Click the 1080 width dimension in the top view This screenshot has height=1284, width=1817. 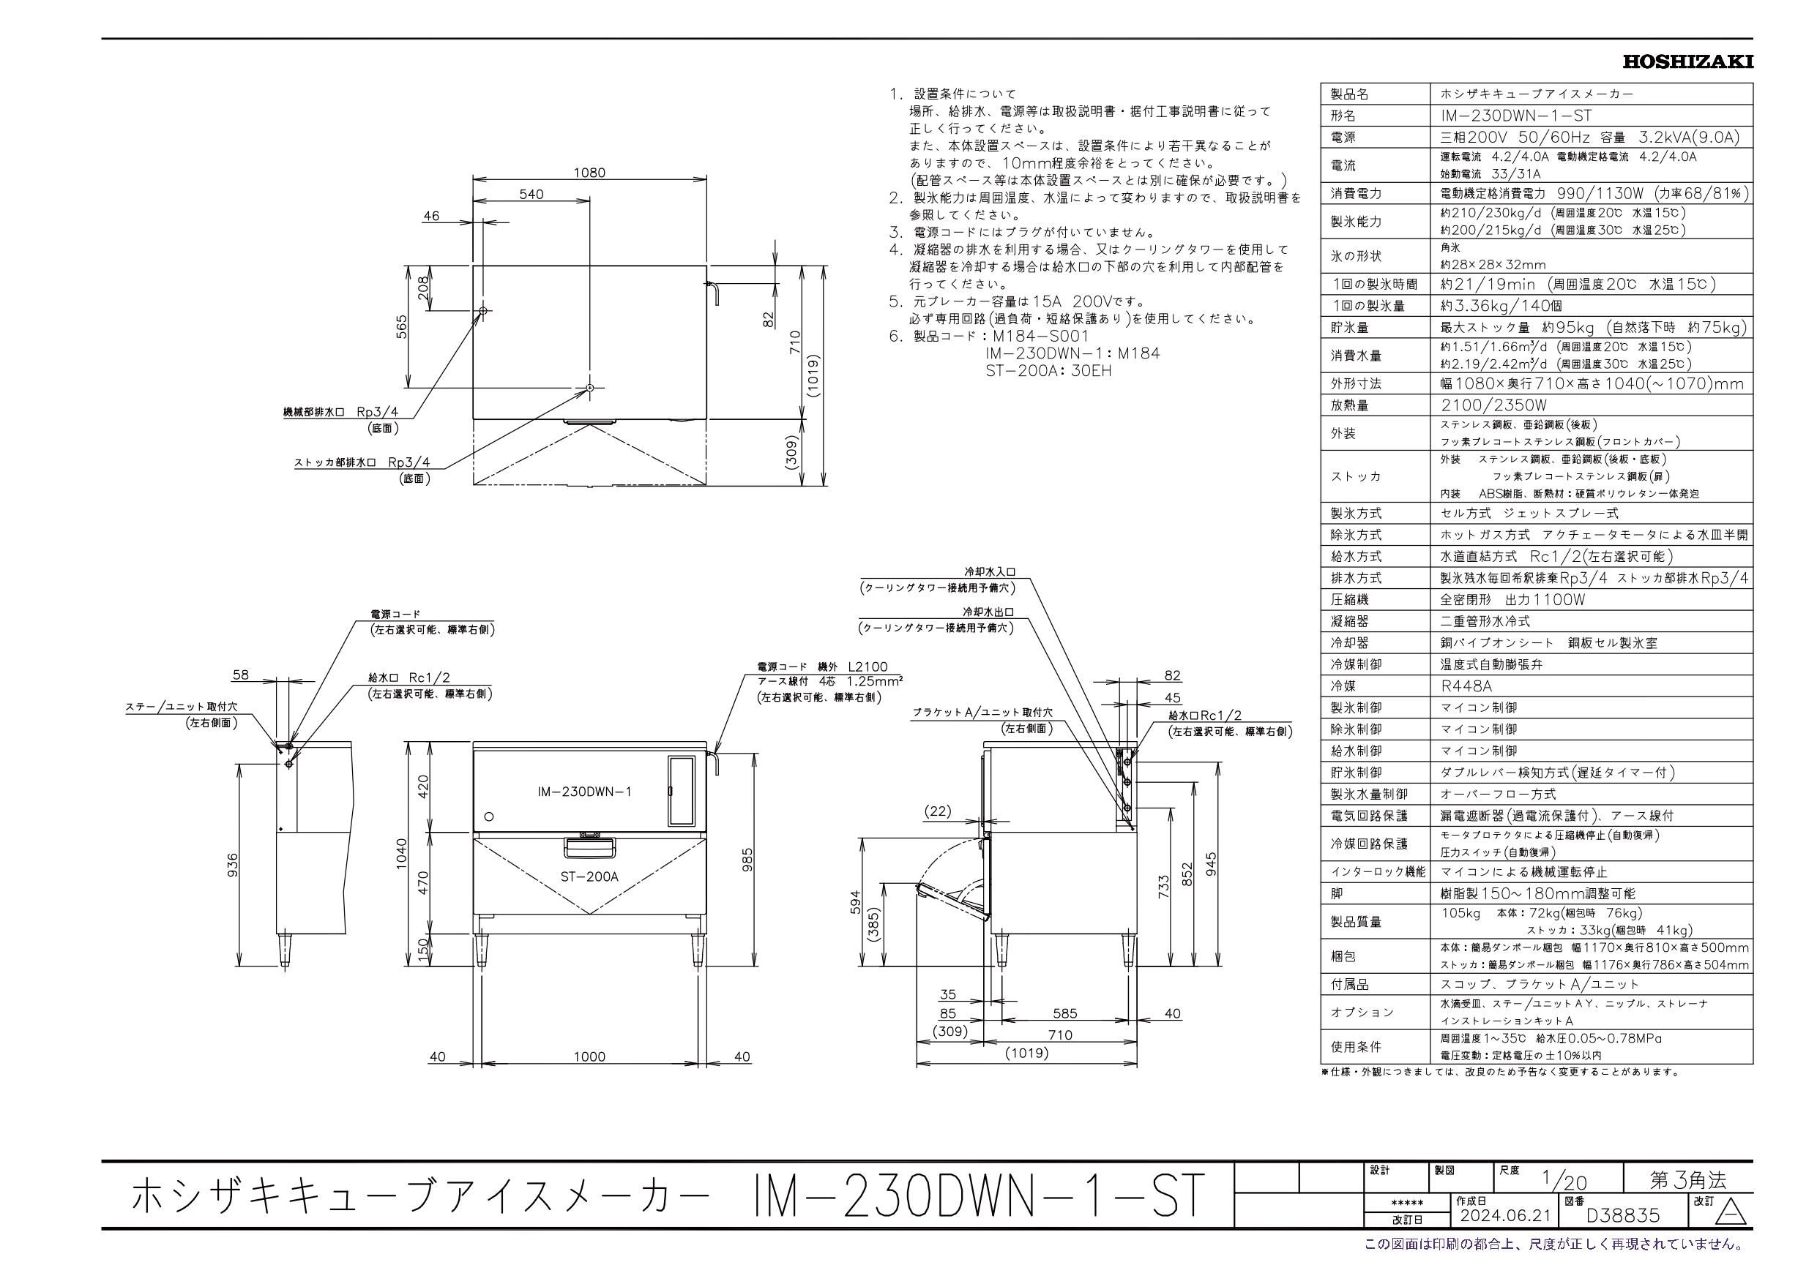click(589, 172)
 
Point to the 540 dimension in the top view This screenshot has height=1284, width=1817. click(531, 194)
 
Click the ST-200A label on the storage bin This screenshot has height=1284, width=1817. click(589, 876)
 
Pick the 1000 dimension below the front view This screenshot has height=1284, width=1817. click(589, 1056)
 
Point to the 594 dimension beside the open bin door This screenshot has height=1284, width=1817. click(854, 903)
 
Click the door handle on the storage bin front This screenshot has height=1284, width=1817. click(589, 847)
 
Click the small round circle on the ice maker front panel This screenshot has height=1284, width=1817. click(488, 816)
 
